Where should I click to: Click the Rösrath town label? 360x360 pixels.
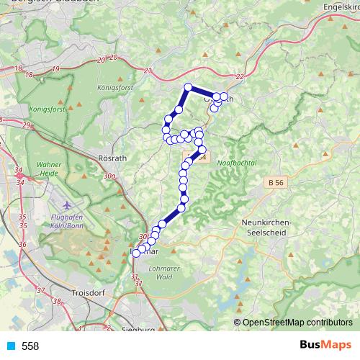tap(112, 158)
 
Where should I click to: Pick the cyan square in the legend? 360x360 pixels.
tap(11, 346)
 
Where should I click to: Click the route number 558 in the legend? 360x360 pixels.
tap(30, 346)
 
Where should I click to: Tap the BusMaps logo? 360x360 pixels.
tap(324, 346)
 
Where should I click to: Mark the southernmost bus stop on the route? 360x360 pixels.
tap(136, 253)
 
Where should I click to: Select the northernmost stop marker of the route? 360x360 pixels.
tap(188, 88)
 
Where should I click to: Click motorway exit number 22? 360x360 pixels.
tap(240, 76)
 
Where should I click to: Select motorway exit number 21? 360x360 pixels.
tap(148, 71)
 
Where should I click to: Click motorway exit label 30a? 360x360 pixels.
tap(109, 176)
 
